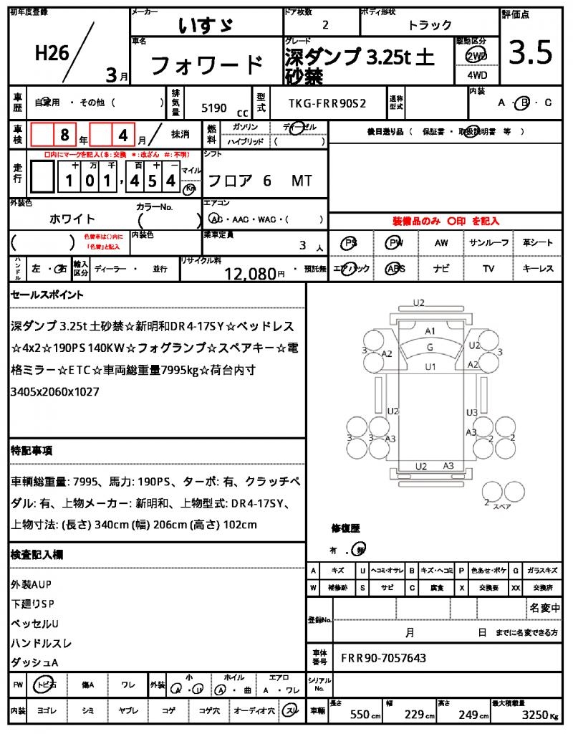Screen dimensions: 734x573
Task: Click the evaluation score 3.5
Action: pyautogui.click(x=531, y=54)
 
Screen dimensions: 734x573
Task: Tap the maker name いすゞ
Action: pyautogui.click(x=205, y=25)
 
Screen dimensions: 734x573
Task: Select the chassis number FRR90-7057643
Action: pyautogui.click(x=383, y=657)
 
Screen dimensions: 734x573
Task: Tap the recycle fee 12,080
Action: pyautogui.click(x=250, y=273)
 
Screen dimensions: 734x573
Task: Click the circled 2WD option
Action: pyautogui.click(x=475, y=56)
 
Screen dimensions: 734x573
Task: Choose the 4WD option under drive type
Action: pyautogui.click(x=475, y=74)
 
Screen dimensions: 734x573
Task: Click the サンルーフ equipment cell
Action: pyautogui.click(x=489, y=243)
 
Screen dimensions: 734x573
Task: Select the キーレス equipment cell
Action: pyautogui.click(x=538, y=269)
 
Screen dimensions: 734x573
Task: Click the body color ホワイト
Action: pyautogui.click(x=72, y=219)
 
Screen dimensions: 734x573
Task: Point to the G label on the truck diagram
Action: pyautogui.click(x=430, y=348)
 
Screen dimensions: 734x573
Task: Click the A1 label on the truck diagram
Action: pyautogui.click(x=430, y=330)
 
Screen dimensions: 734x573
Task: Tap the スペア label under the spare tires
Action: pyautogui.click(x=503, y=507)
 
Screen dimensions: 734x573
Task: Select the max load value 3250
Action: pyautogui.click(x=534, y=715)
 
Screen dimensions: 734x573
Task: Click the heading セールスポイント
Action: pyautogui.click(x=47, y=295)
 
